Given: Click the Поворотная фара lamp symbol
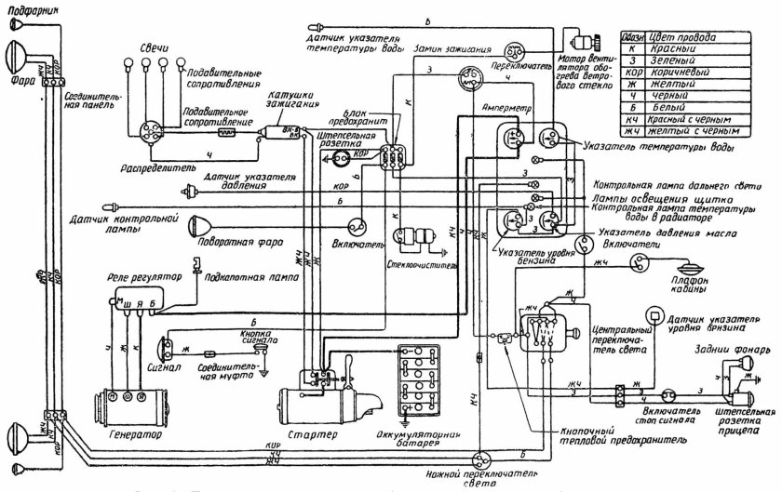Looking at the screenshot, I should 200,226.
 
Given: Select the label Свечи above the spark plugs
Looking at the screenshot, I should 153,45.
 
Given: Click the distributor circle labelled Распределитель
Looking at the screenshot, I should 150,135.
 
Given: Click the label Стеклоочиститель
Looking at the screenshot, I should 416,264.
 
